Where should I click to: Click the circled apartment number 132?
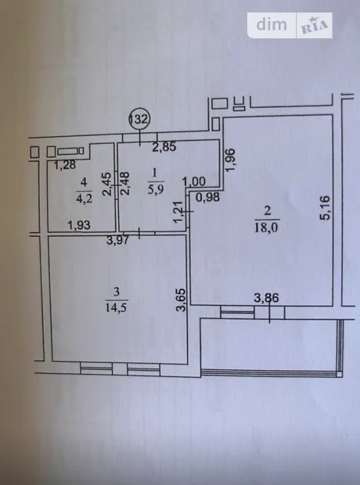[x=139, y=119]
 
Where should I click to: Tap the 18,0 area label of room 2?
[x=267, y=228]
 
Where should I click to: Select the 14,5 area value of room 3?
[x=117, y=307]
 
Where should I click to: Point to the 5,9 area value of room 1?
[x=156, y=189]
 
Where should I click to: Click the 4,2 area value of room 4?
[x=85, y=198]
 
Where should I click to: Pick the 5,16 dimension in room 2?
[x=325, y=207]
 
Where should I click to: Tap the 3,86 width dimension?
[x=267, y=298]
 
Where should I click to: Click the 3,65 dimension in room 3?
[x=181, y=300]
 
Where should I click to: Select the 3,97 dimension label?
[x=117, y=239]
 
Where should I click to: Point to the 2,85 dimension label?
[x=164, y=146]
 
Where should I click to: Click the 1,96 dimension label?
[x=231, y=160]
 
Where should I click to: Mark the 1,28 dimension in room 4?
[x=65, y=165]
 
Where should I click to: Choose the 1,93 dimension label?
[x=79, y=225]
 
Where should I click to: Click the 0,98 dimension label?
[x=207, y=197]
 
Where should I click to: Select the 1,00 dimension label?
[x=194, y=181]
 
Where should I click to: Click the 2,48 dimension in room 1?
[x=125, y=184]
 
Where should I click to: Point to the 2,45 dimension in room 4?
[x=107, y=184]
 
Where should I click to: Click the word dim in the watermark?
[x=272, y=24]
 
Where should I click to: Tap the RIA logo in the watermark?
[x=314, y=25]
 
